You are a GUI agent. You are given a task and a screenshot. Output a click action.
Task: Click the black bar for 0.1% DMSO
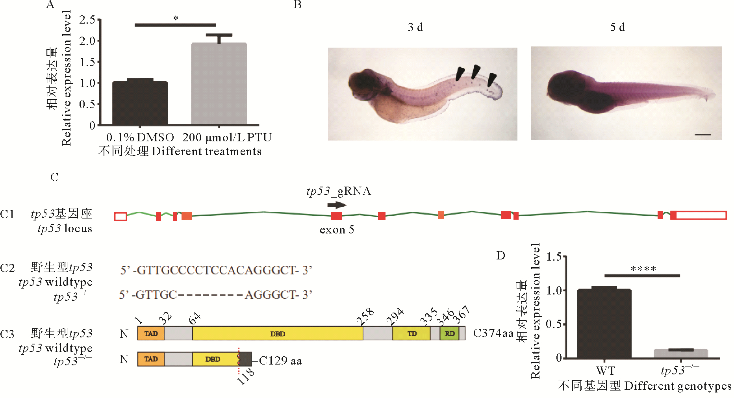[140, 103]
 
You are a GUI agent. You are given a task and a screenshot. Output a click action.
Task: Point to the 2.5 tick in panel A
[87, 20]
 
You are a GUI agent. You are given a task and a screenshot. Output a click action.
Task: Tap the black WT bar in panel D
[604, 324]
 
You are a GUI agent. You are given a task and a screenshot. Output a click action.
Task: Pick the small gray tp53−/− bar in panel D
[681, 353]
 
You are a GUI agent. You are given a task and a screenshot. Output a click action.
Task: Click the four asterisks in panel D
[643, 269]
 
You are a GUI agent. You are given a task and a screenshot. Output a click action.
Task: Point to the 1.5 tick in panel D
[554, 257]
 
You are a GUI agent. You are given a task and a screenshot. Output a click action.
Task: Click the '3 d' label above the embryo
[415, 27]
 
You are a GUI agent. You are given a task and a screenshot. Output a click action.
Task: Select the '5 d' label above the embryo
[617, 27]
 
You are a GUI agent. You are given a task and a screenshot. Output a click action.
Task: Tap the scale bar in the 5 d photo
[702, 135]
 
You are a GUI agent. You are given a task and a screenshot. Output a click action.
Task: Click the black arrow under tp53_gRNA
[337, 205]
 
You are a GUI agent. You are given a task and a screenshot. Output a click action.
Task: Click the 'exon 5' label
[337, 230]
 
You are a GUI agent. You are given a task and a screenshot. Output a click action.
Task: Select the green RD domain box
[449, 333]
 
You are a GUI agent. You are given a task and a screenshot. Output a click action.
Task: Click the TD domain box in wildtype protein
[411, 333]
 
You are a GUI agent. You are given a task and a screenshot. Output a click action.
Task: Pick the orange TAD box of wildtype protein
[151, 333]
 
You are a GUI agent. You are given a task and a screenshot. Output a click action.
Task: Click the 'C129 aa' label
[280, 361]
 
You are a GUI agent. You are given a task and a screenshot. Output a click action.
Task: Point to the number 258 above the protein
[365, 317]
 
